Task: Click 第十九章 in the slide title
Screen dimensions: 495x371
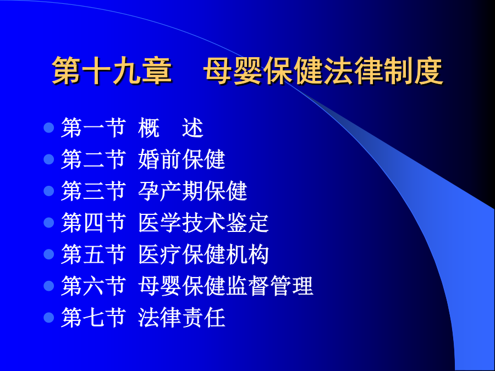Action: [x=112, y=71]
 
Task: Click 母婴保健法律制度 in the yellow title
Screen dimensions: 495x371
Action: [x=323, y=71]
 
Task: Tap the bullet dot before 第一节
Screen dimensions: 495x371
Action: [x=49, y=128]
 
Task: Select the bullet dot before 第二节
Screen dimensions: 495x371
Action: [x=49, y=159]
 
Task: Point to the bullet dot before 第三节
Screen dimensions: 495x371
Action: [x=49, y=191]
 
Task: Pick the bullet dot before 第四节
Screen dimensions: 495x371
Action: [x=49, y=223]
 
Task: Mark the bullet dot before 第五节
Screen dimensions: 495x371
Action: [x=49, y=254]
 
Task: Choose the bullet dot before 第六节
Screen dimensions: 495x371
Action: [x=49, y=286]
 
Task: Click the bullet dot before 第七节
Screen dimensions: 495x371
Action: [x=49, y=317]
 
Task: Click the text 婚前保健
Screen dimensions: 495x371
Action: [x=182, y=159]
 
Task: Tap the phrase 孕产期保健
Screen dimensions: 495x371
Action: [x=193, y=191]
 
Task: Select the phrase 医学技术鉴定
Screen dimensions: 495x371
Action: [x=204, y=223]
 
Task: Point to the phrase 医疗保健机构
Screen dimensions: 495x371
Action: [x=204, y=254]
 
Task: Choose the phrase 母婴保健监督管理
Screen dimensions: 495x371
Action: [x=226, y=286]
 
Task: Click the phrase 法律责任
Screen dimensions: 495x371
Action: [x=182, y=317]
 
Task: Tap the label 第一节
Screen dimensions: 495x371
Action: [x=94, y=128]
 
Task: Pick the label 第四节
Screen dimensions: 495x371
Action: [x=94, y=223]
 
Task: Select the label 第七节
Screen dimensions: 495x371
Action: [x=94, y=317]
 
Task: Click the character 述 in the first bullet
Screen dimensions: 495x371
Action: [x=193, y=128]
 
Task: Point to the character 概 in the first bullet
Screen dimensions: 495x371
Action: [x=149, y=128]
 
